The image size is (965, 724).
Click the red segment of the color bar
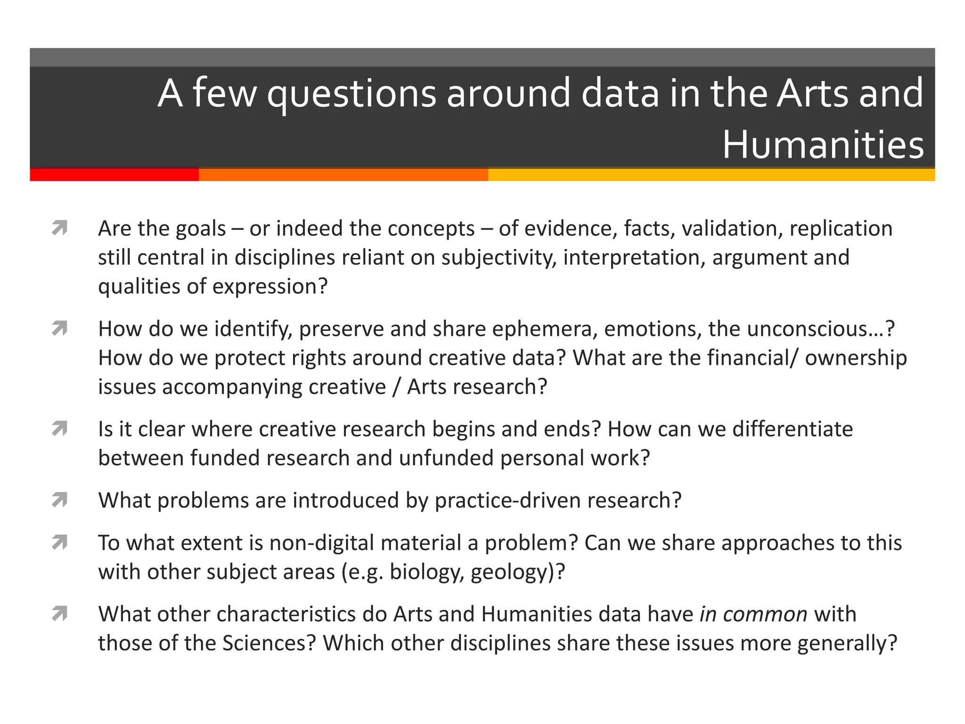(114, 175)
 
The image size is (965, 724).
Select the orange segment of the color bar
(343, 175)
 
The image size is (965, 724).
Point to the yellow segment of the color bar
(711, 175)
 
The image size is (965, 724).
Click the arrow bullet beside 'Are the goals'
(60, 228)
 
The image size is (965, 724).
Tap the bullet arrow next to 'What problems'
(60, 500)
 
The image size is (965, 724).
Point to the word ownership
(856, 358)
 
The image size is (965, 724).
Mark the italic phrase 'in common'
(753, 614)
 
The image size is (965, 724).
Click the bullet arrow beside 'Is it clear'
(60, 429)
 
